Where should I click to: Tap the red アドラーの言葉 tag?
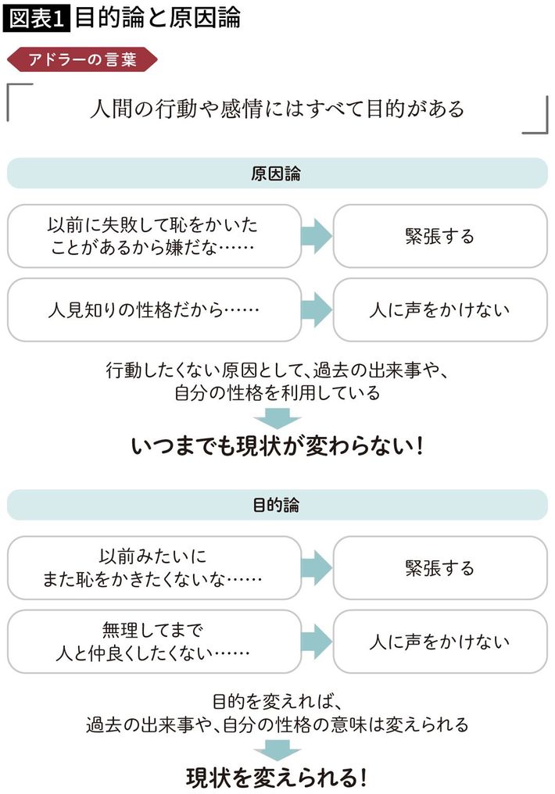[82, 59]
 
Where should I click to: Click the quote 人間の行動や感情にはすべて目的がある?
[277, 108]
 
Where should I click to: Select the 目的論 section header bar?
[277, 505]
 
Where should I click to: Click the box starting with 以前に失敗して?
[153, 236]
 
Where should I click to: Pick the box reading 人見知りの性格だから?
[153, 309]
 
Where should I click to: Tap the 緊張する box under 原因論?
[439, 236]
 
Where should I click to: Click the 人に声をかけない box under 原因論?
[439, 309]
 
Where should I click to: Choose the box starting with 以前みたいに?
[153, 567]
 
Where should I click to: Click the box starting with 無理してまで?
[153, 641]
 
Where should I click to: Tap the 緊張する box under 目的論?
[439, 567]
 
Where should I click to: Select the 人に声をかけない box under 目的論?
[439, 641]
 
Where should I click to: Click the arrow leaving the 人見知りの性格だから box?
[317, 309]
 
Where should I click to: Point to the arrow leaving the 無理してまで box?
[317, 641]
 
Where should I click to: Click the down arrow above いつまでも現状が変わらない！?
[277, 418]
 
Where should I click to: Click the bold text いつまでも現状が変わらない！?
[277, 447]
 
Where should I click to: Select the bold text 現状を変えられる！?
[277, 778]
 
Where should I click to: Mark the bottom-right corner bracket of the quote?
[539, 125]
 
